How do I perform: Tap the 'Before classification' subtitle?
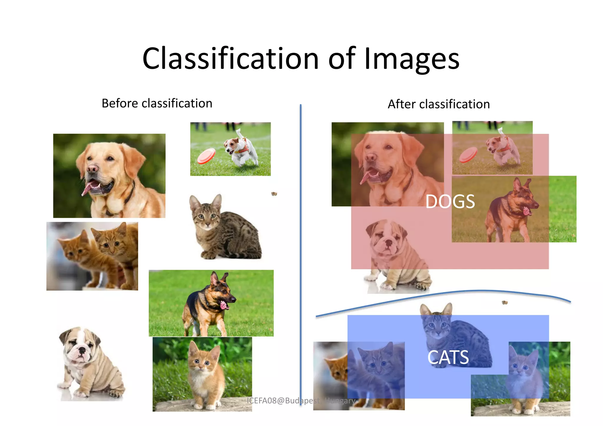click(157, 104)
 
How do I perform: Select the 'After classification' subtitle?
click(439, 104)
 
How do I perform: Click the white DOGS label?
click(450, 202)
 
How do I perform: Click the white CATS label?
click(448, 357)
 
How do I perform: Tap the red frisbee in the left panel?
click(206, 156)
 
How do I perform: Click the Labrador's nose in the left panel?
click(92, 168)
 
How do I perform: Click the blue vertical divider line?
click(301, 235)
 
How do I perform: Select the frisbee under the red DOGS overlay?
click(468, 154)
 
